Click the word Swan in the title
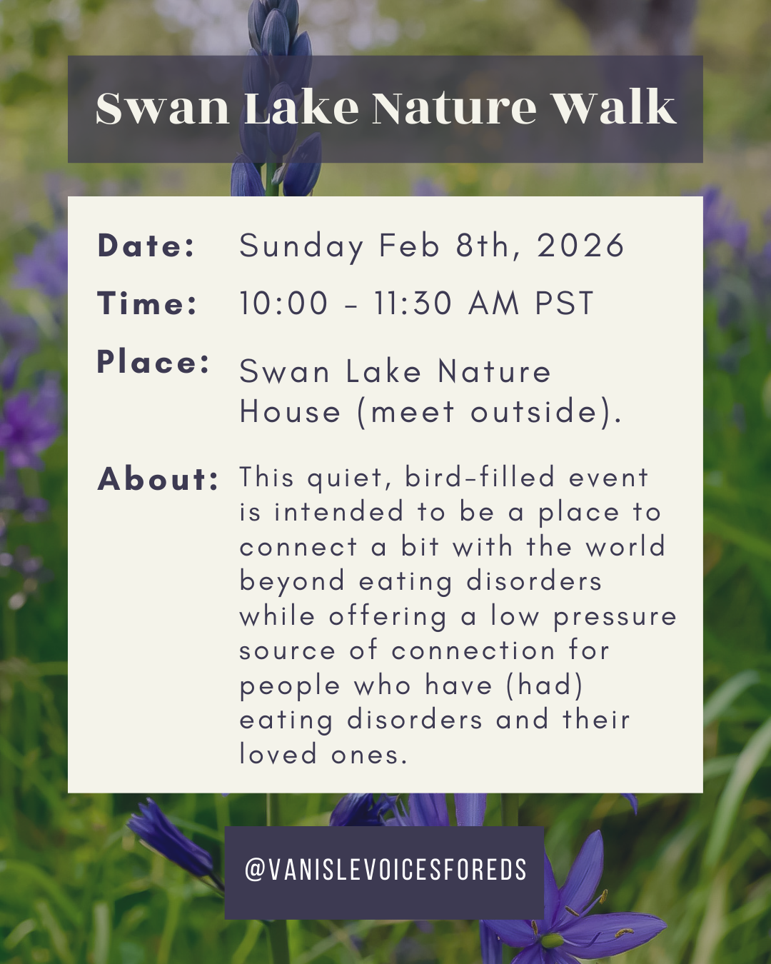(163, 109)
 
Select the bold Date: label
(146, 246)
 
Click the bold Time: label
(147, 303)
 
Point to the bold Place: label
(153, 362)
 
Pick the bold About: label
(158, 479)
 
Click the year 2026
(580, 246)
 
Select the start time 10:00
(283, 303)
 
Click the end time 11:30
(413, 303)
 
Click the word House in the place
(290, 412)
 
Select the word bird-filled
(480, 477)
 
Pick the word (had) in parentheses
(545, 686)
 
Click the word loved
(278, 754)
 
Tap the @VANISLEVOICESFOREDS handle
(385, 870)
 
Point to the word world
(625, 547)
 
